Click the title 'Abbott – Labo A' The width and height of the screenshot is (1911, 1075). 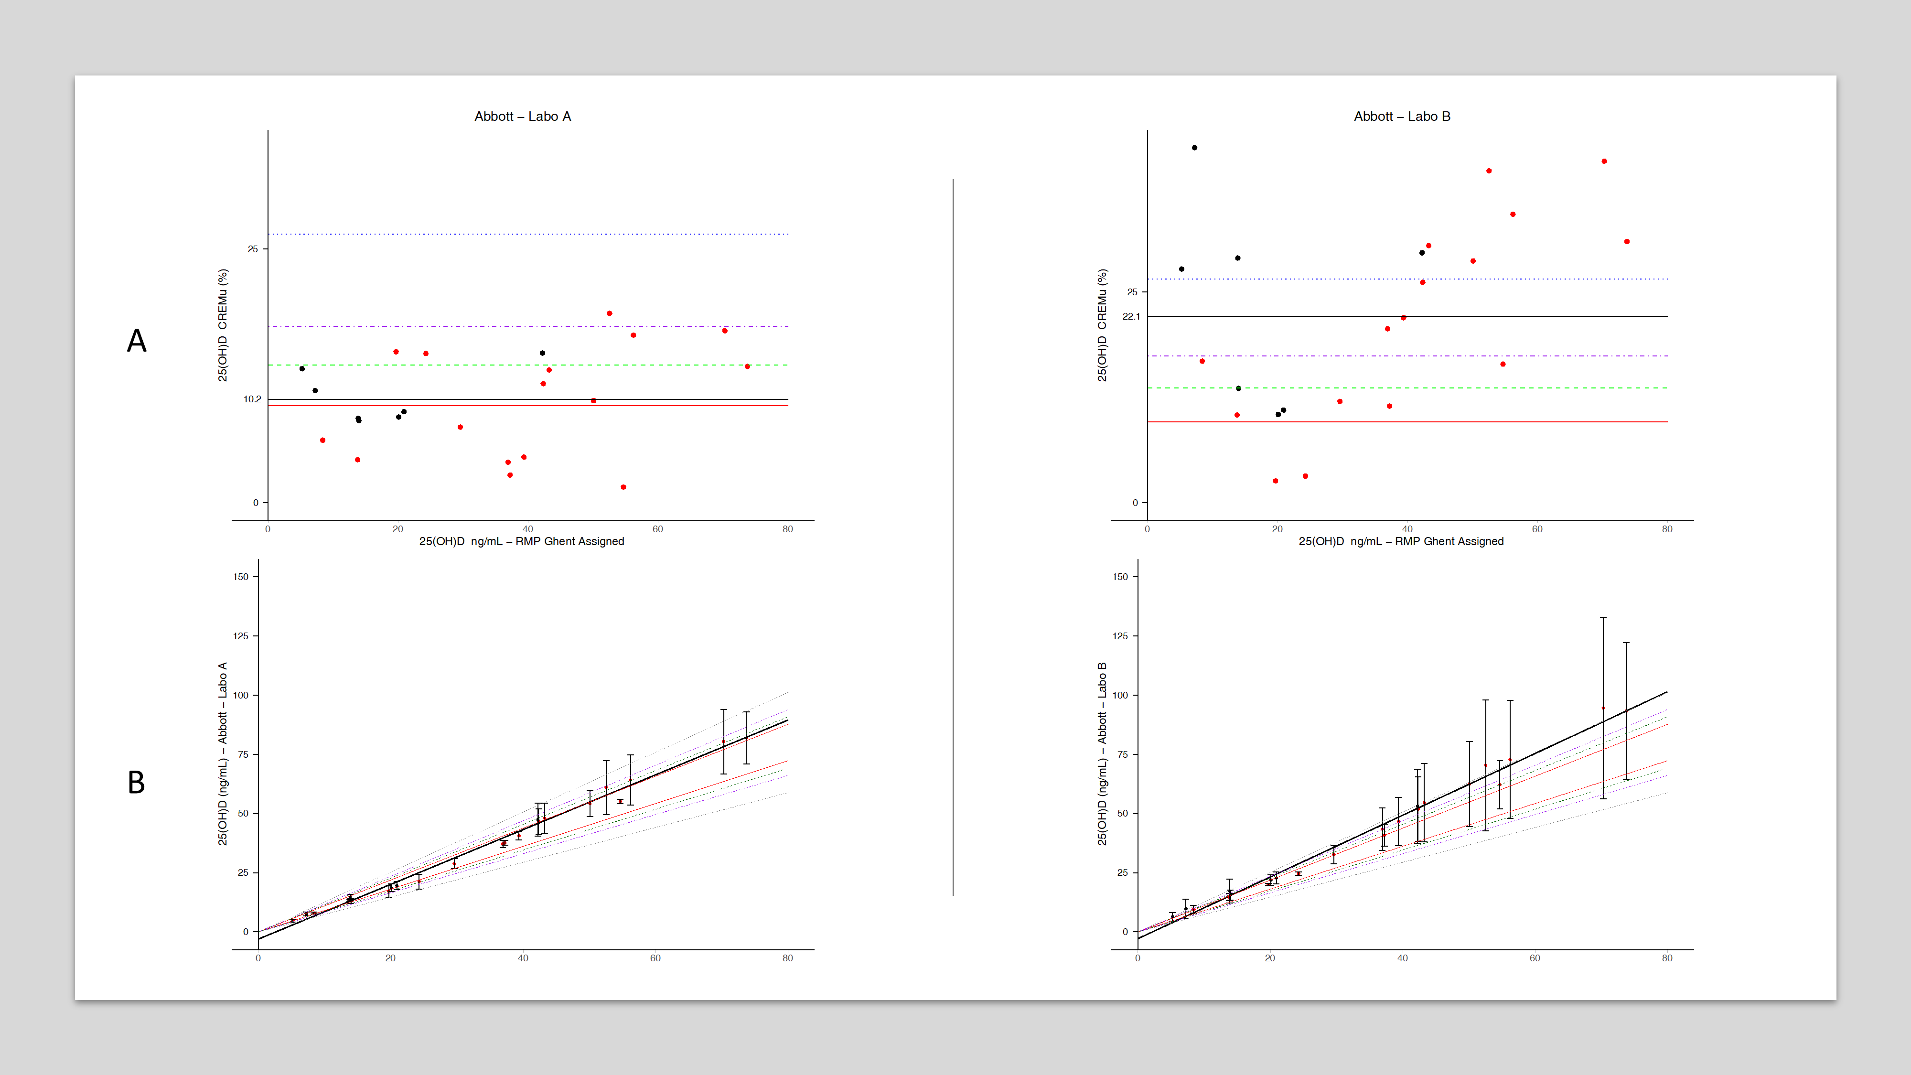522,117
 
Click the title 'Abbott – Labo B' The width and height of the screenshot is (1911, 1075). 1401,117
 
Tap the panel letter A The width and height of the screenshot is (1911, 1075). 137,341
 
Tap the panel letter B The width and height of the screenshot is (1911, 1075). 137,783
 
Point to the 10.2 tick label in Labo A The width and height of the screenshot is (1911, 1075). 252,399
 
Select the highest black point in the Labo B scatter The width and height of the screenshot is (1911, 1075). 1194,148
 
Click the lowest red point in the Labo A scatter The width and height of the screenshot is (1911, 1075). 623,487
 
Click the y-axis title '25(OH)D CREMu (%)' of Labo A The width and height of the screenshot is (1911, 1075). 223,325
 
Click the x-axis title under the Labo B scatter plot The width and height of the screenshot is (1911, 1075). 1401,542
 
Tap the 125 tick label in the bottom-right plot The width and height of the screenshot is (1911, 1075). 1120,636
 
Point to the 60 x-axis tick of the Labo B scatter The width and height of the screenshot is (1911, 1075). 1537,529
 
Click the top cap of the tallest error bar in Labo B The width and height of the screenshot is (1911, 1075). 1603,617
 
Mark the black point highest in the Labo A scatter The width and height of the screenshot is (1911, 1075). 542,353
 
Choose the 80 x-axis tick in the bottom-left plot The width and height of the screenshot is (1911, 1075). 787,958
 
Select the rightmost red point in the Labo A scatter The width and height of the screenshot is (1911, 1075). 747,366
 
